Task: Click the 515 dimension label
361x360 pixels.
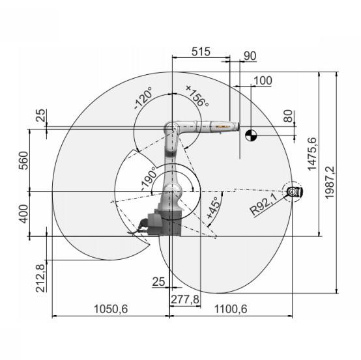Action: coord(201,52)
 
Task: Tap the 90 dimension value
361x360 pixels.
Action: coord(250,56)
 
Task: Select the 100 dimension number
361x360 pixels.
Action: coord(263,81)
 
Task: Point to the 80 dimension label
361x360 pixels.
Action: coord(288,116)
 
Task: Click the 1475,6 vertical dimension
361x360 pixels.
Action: coord(312,154)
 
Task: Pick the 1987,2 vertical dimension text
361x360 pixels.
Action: coord(330,182)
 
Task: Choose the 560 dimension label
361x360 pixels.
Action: coord(23,160)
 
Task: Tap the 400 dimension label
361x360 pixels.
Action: coord(23,214)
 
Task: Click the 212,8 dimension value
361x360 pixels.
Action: coord(40,278)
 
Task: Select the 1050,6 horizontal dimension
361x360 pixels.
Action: coord(111,309)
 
